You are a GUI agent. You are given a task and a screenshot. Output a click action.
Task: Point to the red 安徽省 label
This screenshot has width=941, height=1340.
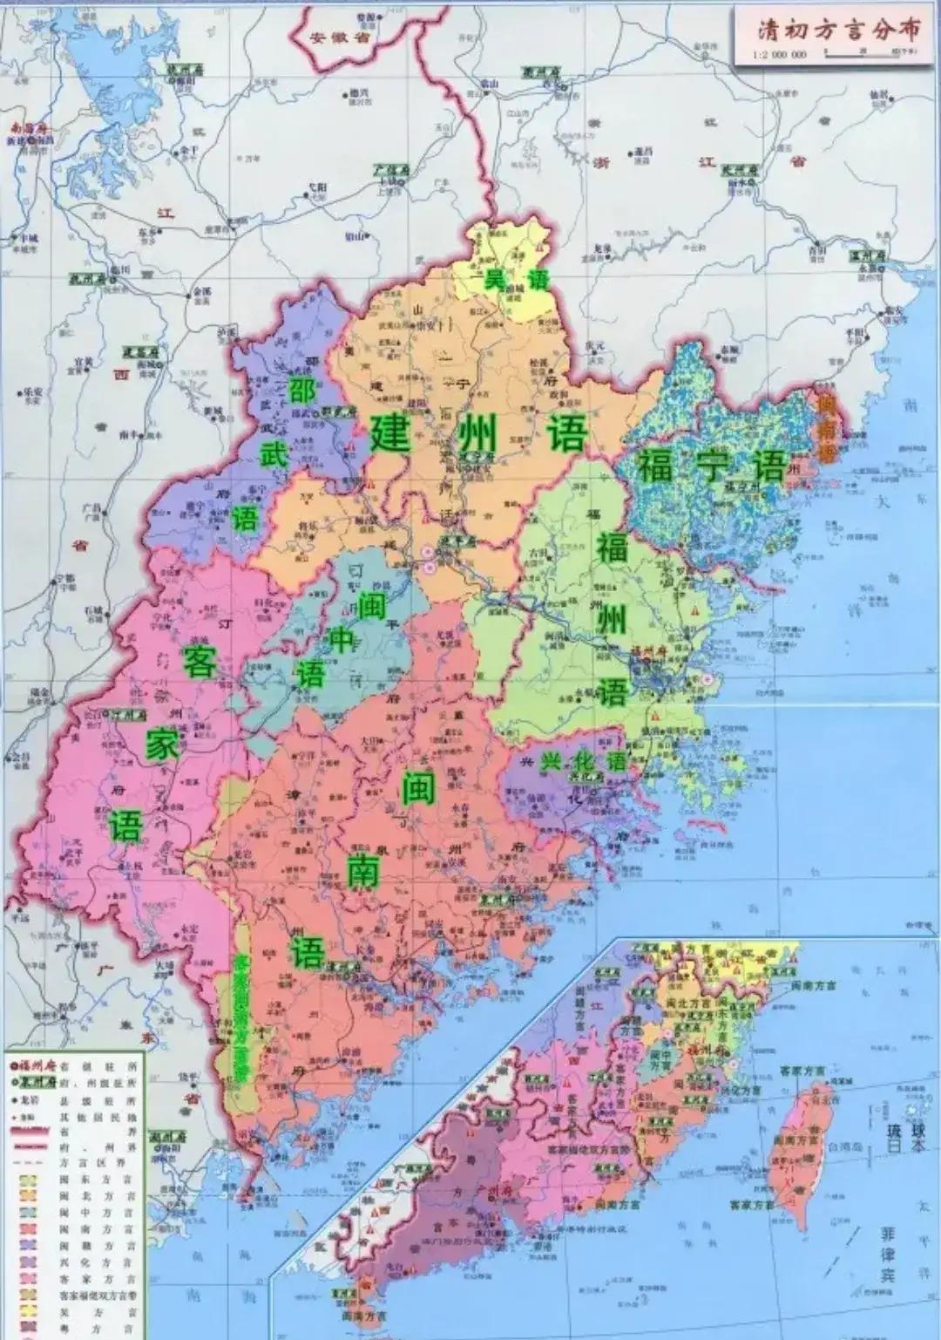pyautogui.click(x=330, y=37)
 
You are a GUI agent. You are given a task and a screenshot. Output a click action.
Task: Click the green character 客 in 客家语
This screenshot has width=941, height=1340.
pyautogui.click(x=200, y=662)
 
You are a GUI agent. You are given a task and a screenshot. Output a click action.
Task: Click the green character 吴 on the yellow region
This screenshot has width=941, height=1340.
pyautogui.click(x=494, y=280)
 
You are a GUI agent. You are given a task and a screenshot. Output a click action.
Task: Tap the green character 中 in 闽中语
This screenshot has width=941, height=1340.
pyautogui.click(x=342, y=639)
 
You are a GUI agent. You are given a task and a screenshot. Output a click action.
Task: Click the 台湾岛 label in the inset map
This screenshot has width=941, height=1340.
pyautogui.click(x=845, y=1146)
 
